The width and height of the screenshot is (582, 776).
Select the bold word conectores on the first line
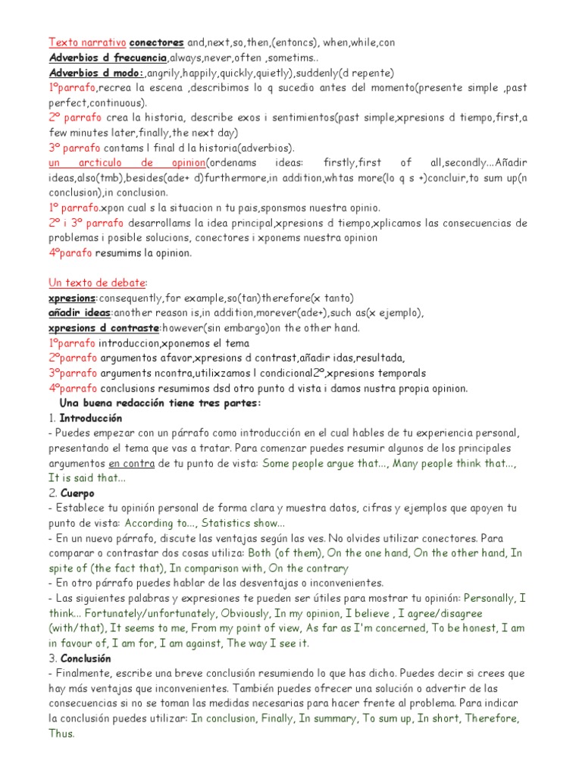[157, 43]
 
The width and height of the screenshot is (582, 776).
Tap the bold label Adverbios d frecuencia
[108, 58]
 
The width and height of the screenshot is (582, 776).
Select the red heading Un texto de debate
[96, 283]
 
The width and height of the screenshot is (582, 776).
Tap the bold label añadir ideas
[79, 313]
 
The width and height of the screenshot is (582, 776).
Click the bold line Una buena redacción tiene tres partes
[160, 403]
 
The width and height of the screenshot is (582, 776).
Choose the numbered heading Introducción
[90, 418]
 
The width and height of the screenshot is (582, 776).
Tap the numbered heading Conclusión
[85, 658]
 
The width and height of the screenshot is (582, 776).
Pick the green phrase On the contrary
[308, 568]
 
